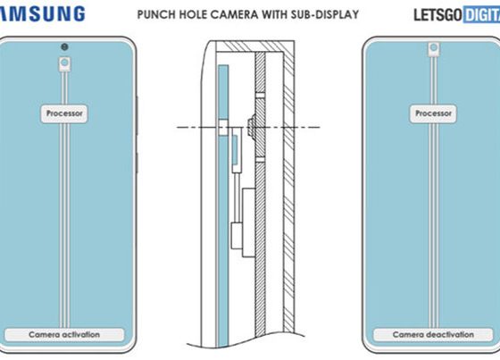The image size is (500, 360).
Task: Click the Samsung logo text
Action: tap(42, 13)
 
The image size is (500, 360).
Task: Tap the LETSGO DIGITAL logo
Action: tap(456, 14)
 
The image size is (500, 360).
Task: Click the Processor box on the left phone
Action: tap(64, 113)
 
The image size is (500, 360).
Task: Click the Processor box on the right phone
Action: tap(433, 113)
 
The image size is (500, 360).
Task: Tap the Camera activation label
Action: tap(64, 335)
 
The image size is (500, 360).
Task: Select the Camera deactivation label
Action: tap(433, 335)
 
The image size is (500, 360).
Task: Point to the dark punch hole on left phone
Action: tap(64, 47)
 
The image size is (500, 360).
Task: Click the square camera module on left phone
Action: tap(64, 64)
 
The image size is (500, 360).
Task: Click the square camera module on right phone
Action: tap(433, 49)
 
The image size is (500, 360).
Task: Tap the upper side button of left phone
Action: tap(137, 115)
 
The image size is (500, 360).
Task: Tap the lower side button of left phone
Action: tap(137, 163)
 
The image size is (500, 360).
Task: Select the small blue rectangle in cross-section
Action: tap(235, 150)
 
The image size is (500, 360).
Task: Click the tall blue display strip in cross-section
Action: tap(223, 205)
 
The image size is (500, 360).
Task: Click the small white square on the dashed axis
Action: tap(223, 128)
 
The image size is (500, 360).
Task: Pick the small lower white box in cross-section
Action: tap(237, 236)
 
